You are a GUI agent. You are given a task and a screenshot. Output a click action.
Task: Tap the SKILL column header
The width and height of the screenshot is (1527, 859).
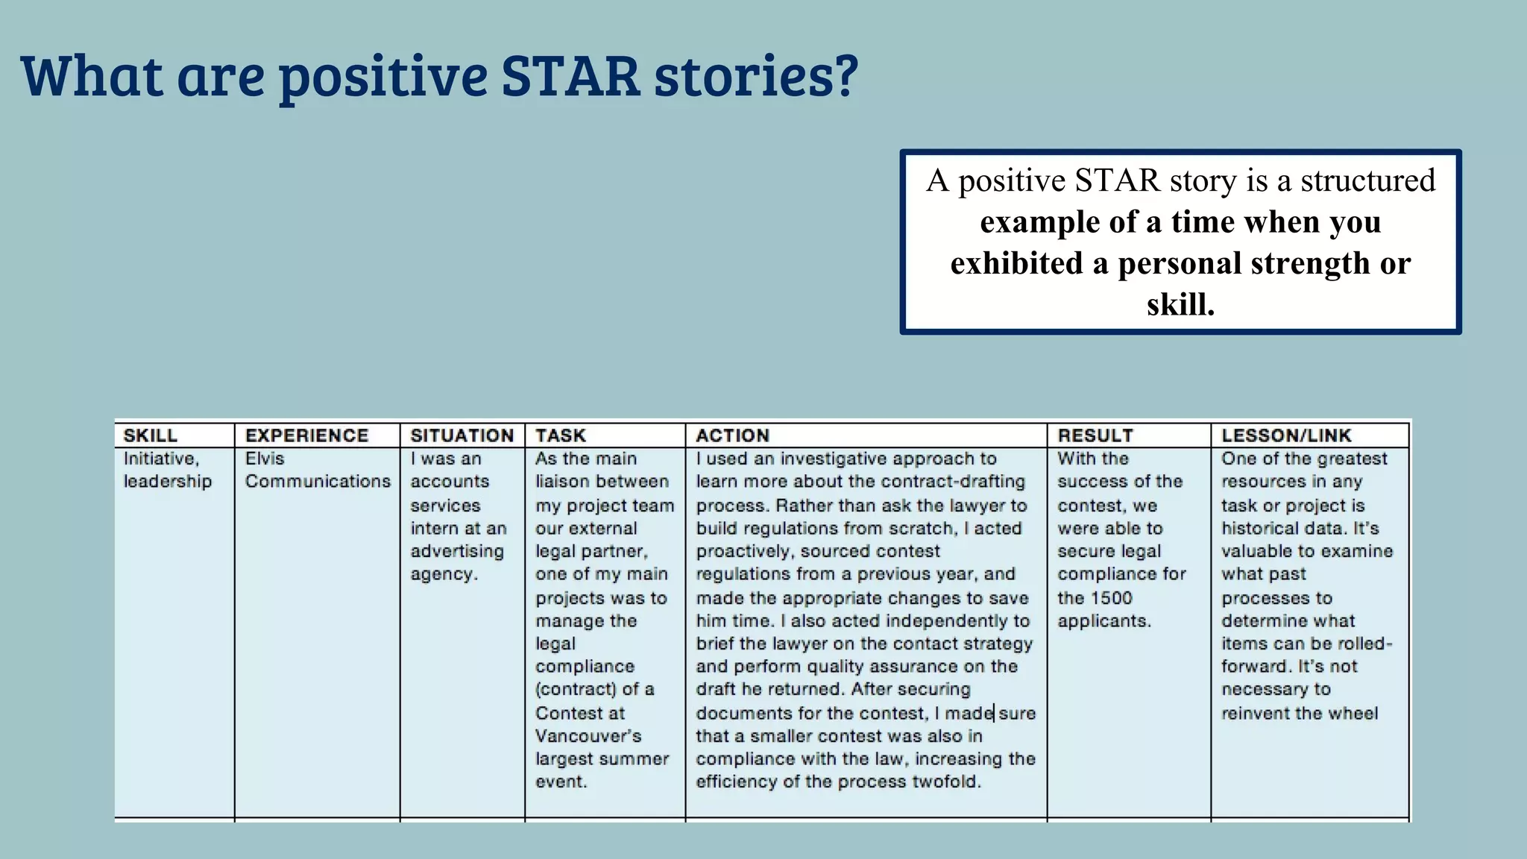pyautogui.click(x=151, y=435)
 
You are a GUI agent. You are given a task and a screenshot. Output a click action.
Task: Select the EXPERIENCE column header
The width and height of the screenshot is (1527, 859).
pyautogui.click(x=306, y=435)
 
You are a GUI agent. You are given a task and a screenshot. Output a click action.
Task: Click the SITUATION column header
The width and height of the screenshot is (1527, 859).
pyautogui.click(x=462, y=435)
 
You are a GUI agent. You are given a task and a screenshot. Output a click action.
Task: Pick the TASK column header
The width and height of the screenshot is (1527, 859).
pyautogui.click(x=561, y=435)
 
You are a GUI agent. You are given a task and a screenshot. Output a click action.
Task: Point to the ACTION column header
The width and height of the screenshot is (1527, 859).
pyautogui.click(x=732, y=435)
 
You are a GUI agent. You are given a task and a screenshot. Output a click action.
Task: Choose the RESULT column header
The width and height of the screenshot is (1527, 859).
pyautogui.click(x=1095, y=435)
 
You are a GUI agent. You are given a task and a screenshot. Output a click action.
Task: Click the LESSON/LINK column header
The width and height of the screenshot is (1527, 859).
pyautogui.click(x=1286, y=435)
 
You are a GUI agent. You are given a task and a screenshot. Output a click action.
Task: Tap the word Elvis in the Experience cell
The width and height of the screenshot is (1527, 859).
pyautogui.click(x=265, y=459)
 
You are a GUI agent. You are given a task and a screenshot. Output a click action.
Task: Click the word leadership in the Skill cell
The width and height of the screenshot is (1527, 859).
pyautogui.click(x=168, y=482)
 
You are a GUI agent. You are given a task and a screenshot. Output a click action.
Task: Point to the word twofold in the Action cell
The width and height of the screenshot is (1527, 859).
pyautogui.click(x=946, y=781)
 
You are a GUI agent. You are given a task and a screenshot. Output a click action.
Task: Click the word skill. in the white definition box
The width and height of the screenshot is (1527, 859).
pyautogui.click(x=1180, y=304)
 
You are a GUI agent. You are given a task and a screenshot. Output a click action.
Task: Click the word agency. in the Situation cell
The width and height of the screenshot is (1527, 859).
pyautogui.click(x=444, y=575)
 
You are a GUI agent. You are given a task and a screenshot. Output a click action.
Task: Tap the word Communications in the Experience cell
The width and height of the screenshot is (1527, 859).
pyautogui.click(x=318, y=482)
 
